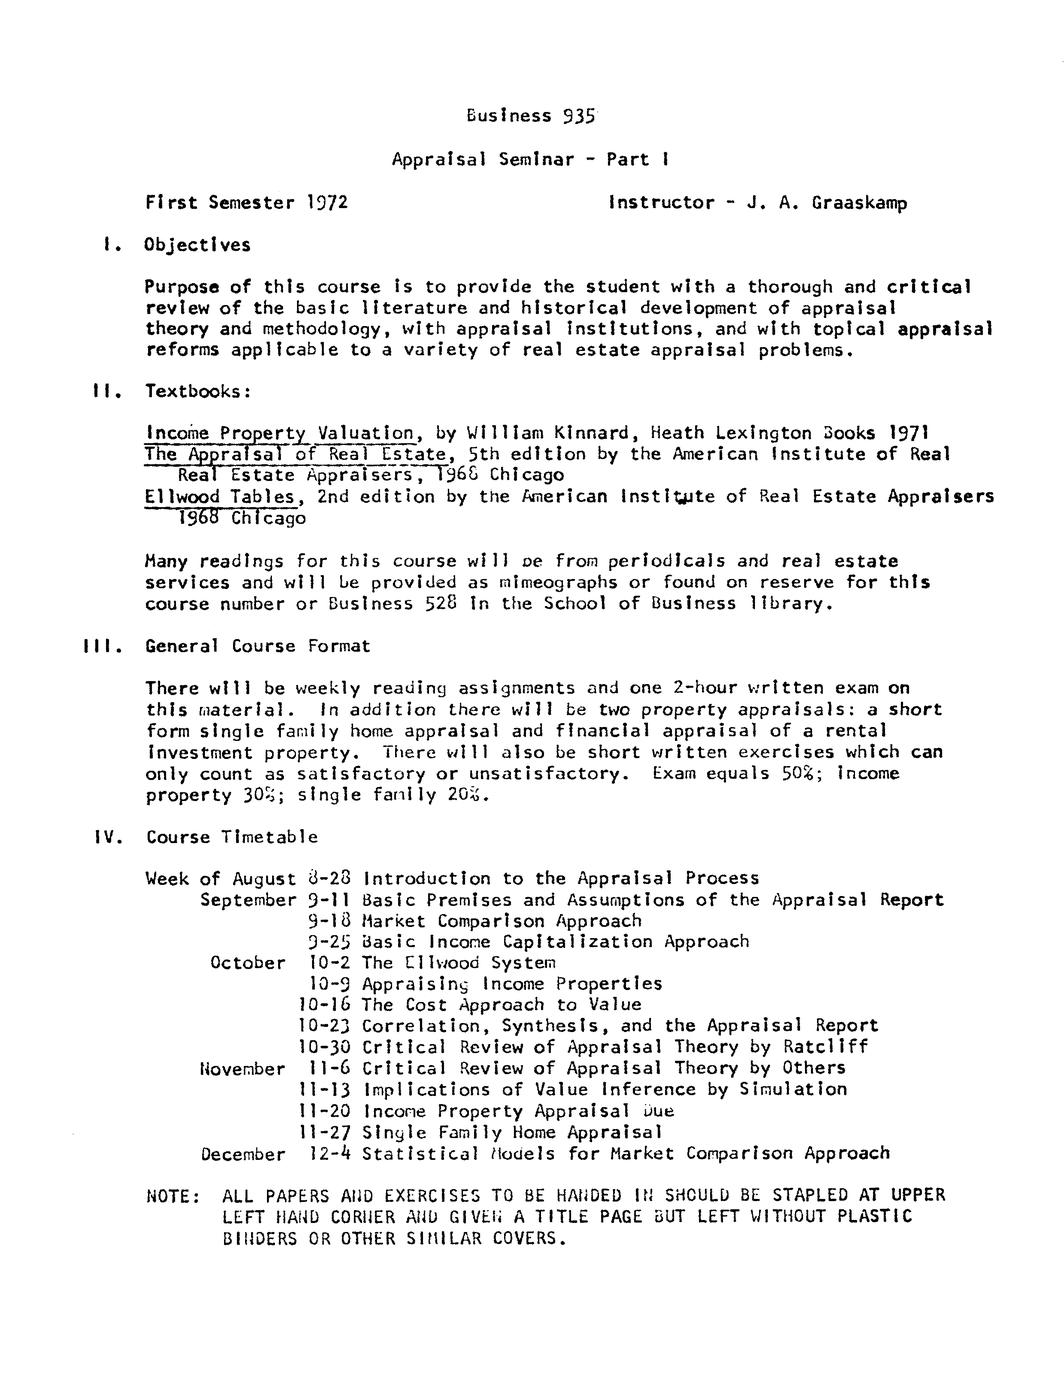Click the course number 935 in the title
tap(579, 115)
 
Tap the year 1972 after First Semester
tap(325, 203)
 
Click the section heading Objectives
tap(198, 245)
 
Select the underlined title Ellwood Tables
tap(221, 496)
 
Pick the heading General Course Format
tap(257, 646)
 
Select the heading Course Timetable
tap(232, 837)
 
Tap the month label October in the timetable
tap(248, 962)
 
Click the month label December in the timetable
tap(243, 1154)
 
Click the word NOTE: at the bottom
tap(173, 1196)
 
